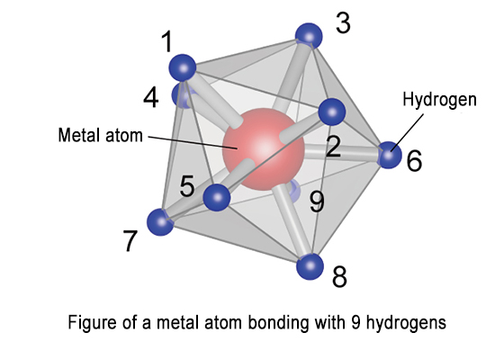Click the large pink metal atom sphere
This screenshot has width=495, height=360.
point(264,149)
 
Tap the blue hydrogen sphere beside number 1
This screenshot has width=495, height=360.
point(183,67)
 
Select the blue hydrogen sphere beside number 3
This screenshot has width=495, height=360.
point(309,36)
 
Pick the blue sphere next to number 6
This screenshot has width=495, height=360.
point(389,155)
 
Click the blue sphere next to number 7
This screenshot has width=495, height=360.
point(161,221)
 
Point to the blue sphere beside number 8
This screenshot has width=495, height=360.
point(310,266)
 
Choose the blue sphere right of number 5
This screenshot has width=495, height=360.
point(217,197)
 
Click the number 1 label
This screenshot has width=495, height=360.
point(167,41)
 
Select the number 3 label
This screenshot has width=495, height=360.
point(343,23)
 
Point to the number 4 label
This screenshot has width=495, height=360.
point(151,97)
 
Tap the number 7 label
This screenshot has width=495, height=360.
point(130,240)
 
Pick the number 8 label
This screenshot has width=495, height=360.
point(339,276)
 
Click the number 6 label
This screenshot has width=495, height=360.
point(414,161)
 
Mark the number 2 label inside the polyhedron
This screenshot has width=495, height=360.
point(333,146)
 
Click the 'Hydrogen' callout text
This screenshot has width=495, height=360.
point(439,100)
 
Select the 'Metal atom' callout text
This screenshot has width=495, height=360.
point(101,135)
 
